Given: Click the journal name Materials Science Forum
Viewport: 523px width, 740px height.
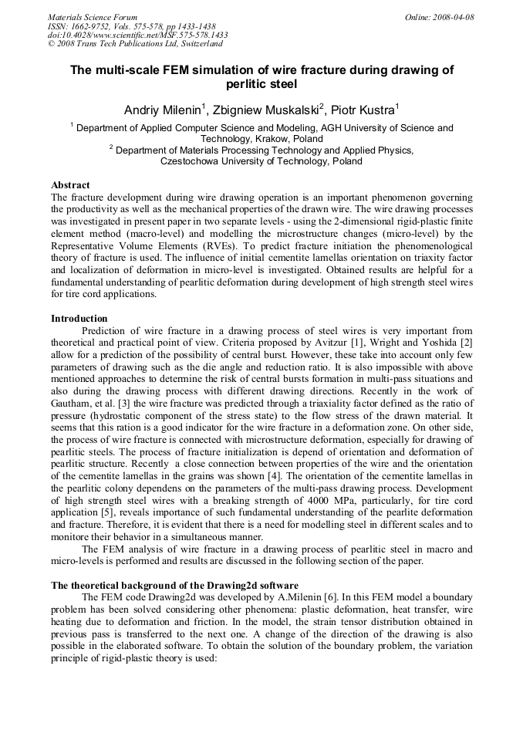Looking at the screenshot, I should click(x=93, y=16).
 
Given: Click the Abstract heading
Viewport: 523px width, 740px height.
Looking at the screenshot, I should click(x=70, y=185).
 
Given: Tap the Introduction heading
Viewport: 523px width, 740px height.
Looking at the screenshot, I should click(x=79, y=318).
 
